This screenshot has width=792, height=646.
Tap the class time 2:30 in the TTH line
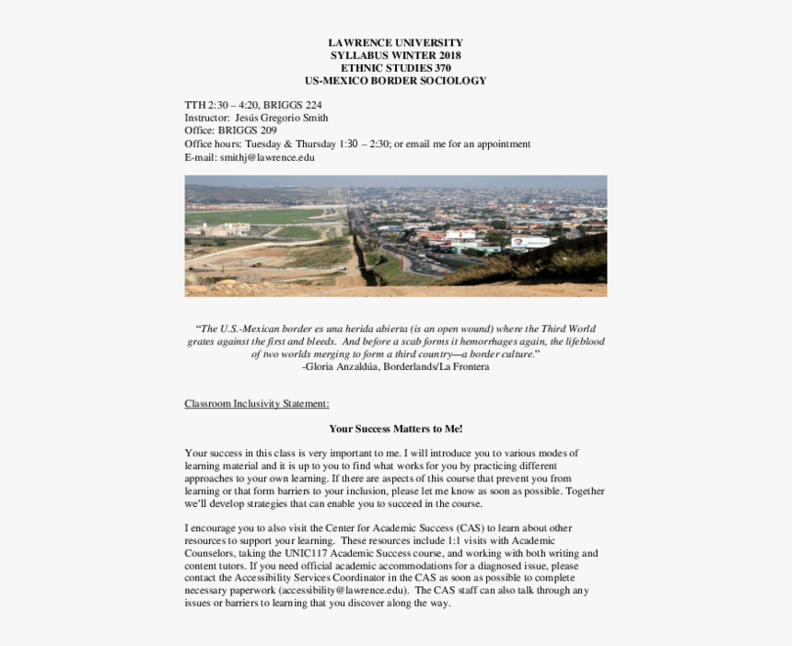(x=218, y=105)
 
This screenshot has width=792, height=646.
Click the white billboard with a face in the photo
(x=530, y=243)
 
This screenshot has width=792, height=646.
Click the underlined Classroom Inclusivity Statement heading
(x=256, y=404)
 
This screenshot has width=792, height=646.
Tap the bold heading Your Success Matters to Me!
(x=396, y=429)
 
